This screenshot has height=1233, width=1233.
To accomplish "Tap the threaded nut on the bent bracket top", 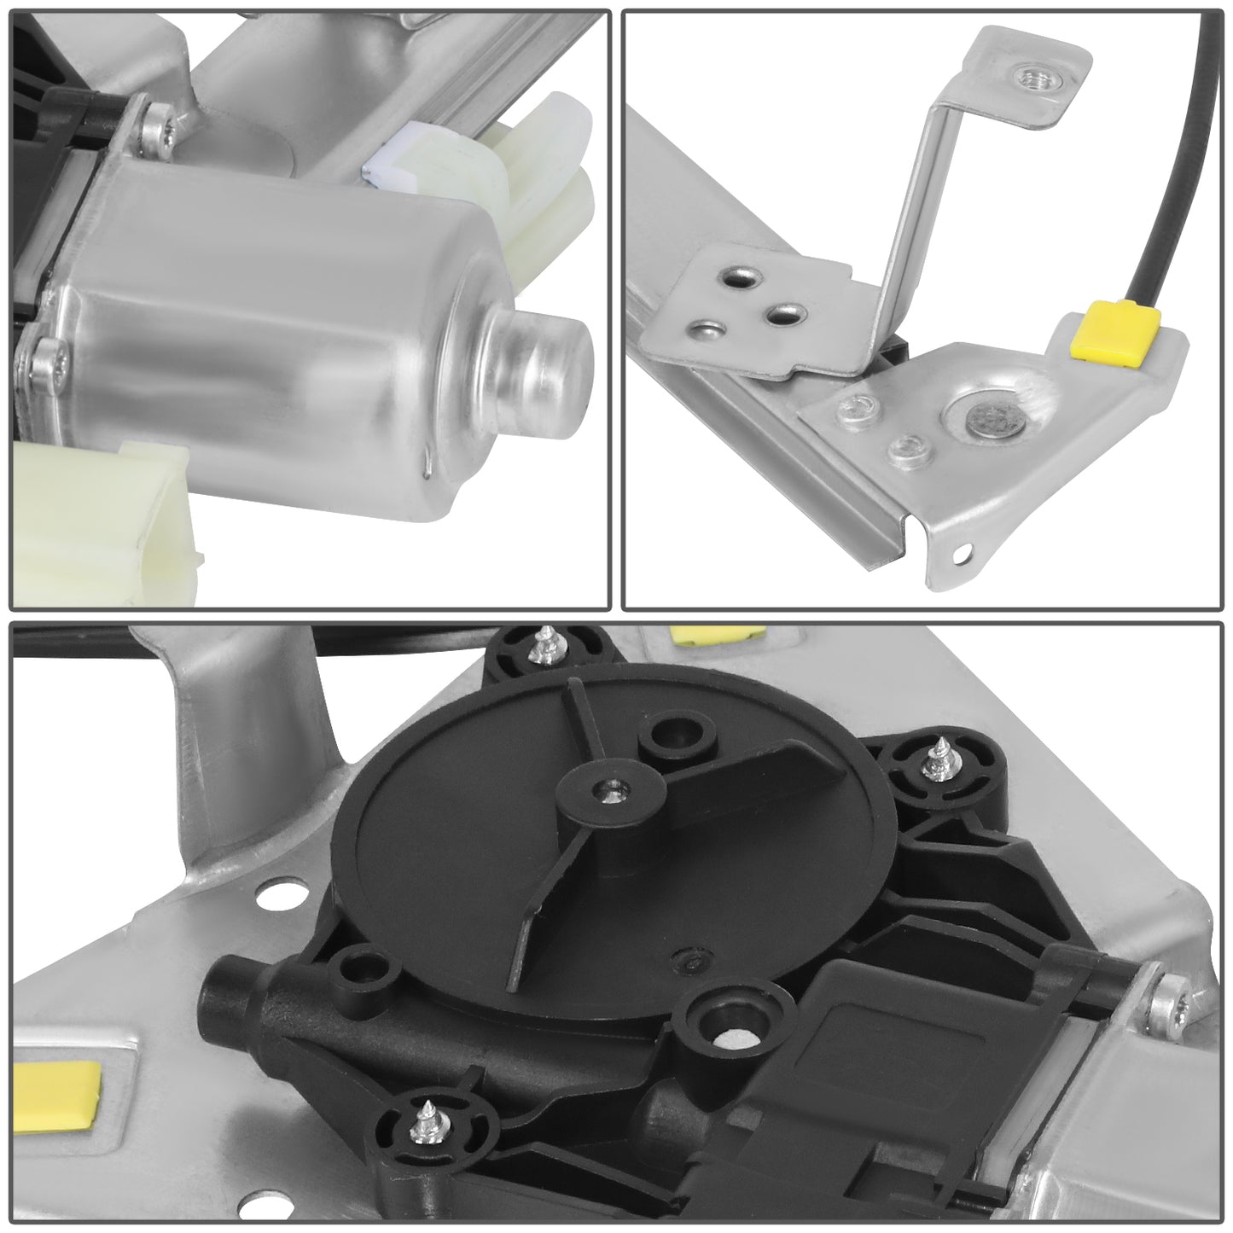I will pyautogui.click(x=1030, y=79).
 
